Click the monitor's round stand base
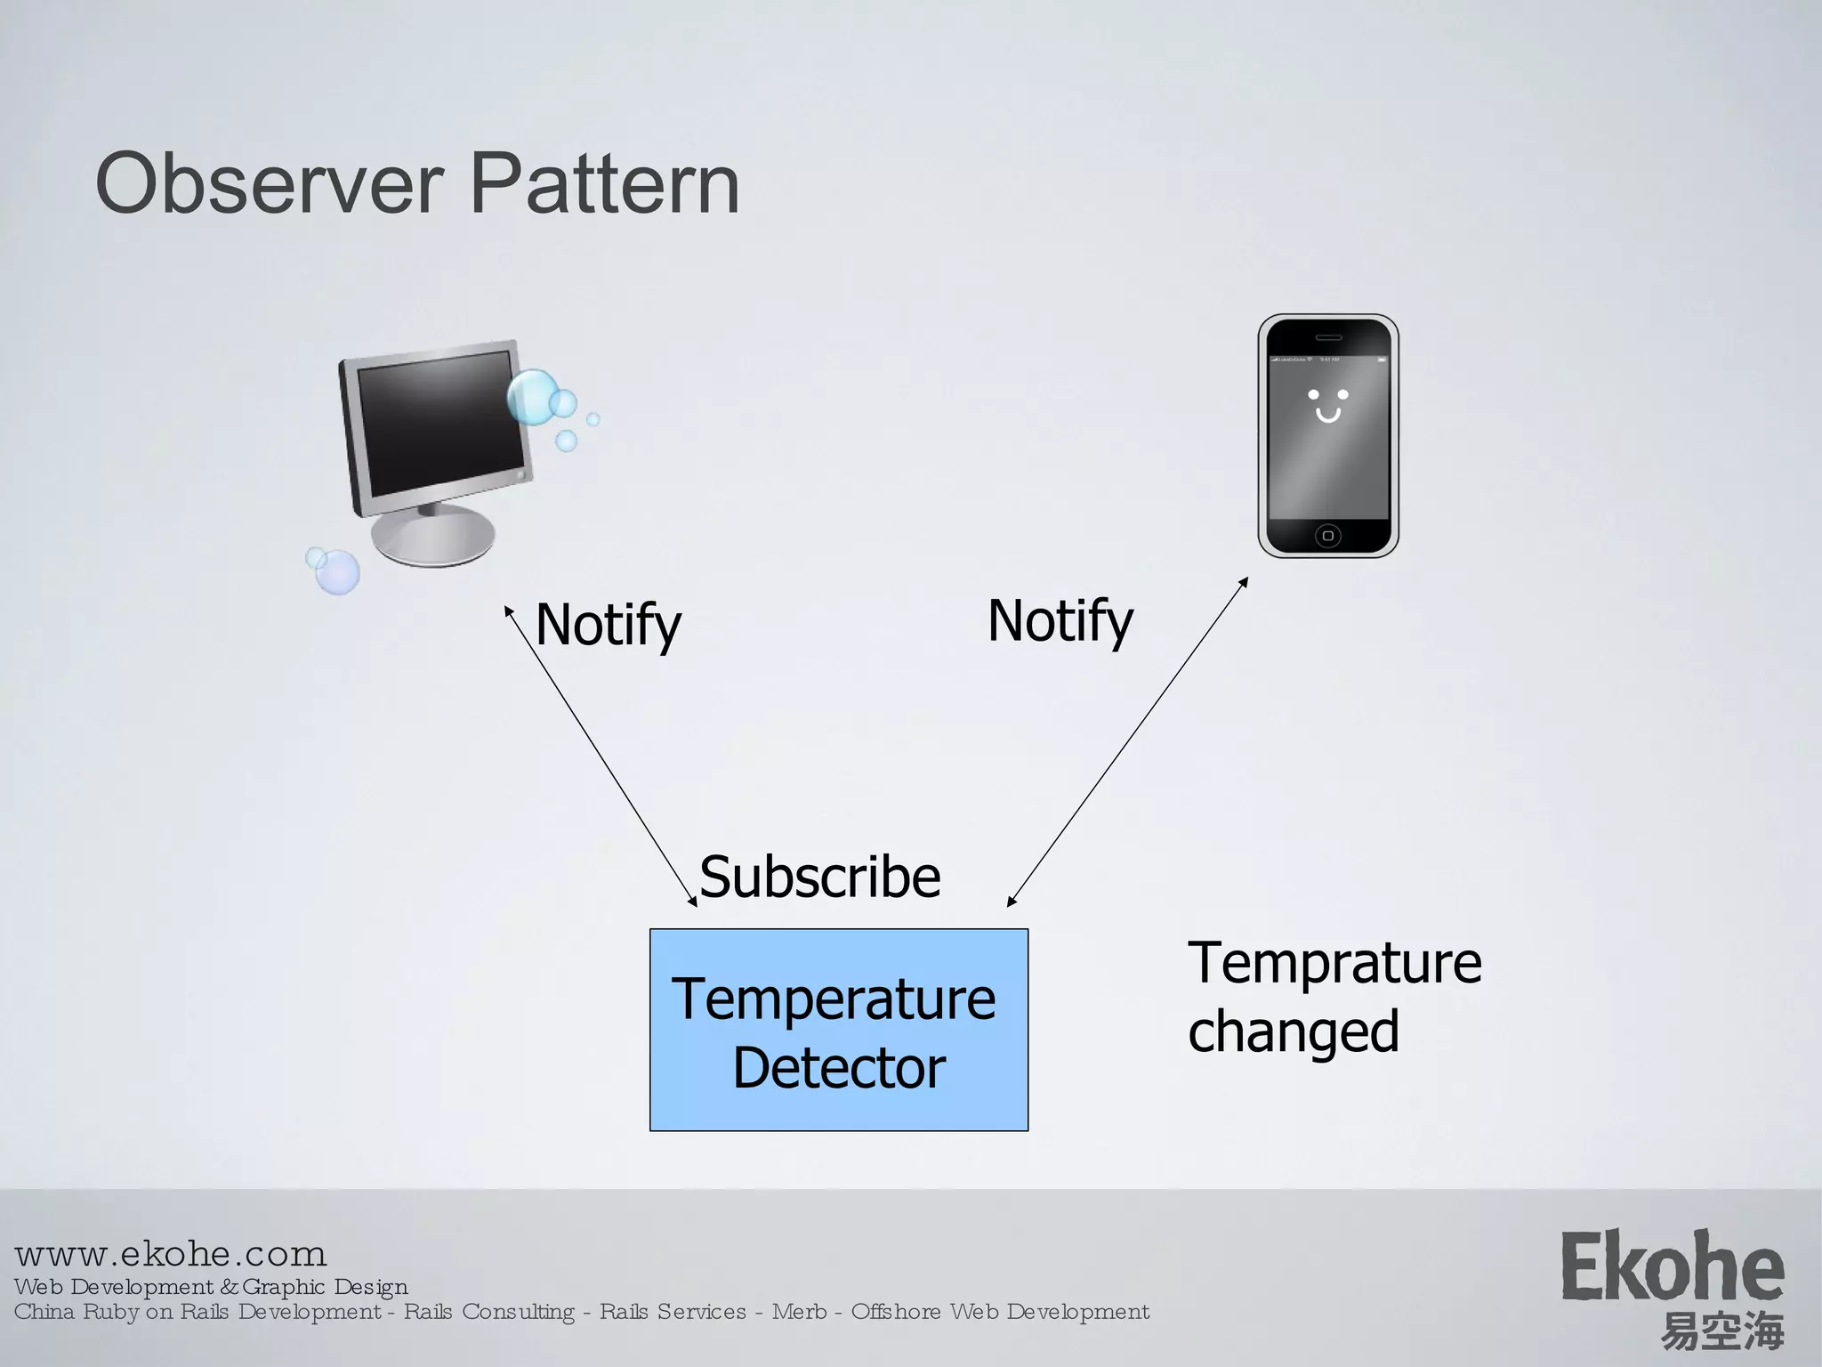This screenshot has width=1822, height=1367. point(433,535)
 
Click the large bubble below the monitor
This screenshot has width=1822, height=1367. point(337,571)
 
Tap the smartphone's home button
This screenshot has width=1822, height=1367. point(1328,535)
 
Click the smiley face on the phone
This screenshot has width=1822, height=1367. point(1328,405)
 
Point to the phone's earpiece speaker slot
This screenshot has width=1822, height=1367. point(1328,337)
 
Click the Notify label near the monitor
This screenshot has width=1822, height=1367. point(609,625)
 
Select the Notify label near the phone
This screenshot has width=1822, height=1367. point(1060,621)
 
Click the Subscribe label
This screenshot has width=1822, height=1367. point(819,877)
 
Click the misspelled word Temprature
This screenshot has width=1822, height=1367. point(1334,963)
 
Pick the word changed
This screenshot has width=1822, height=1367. point(1294,1031)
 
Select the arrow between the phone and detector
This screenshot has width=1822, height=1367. point(1127,741)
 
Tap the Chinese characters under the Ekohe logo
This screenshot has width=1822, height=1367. point(1722,1331)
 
